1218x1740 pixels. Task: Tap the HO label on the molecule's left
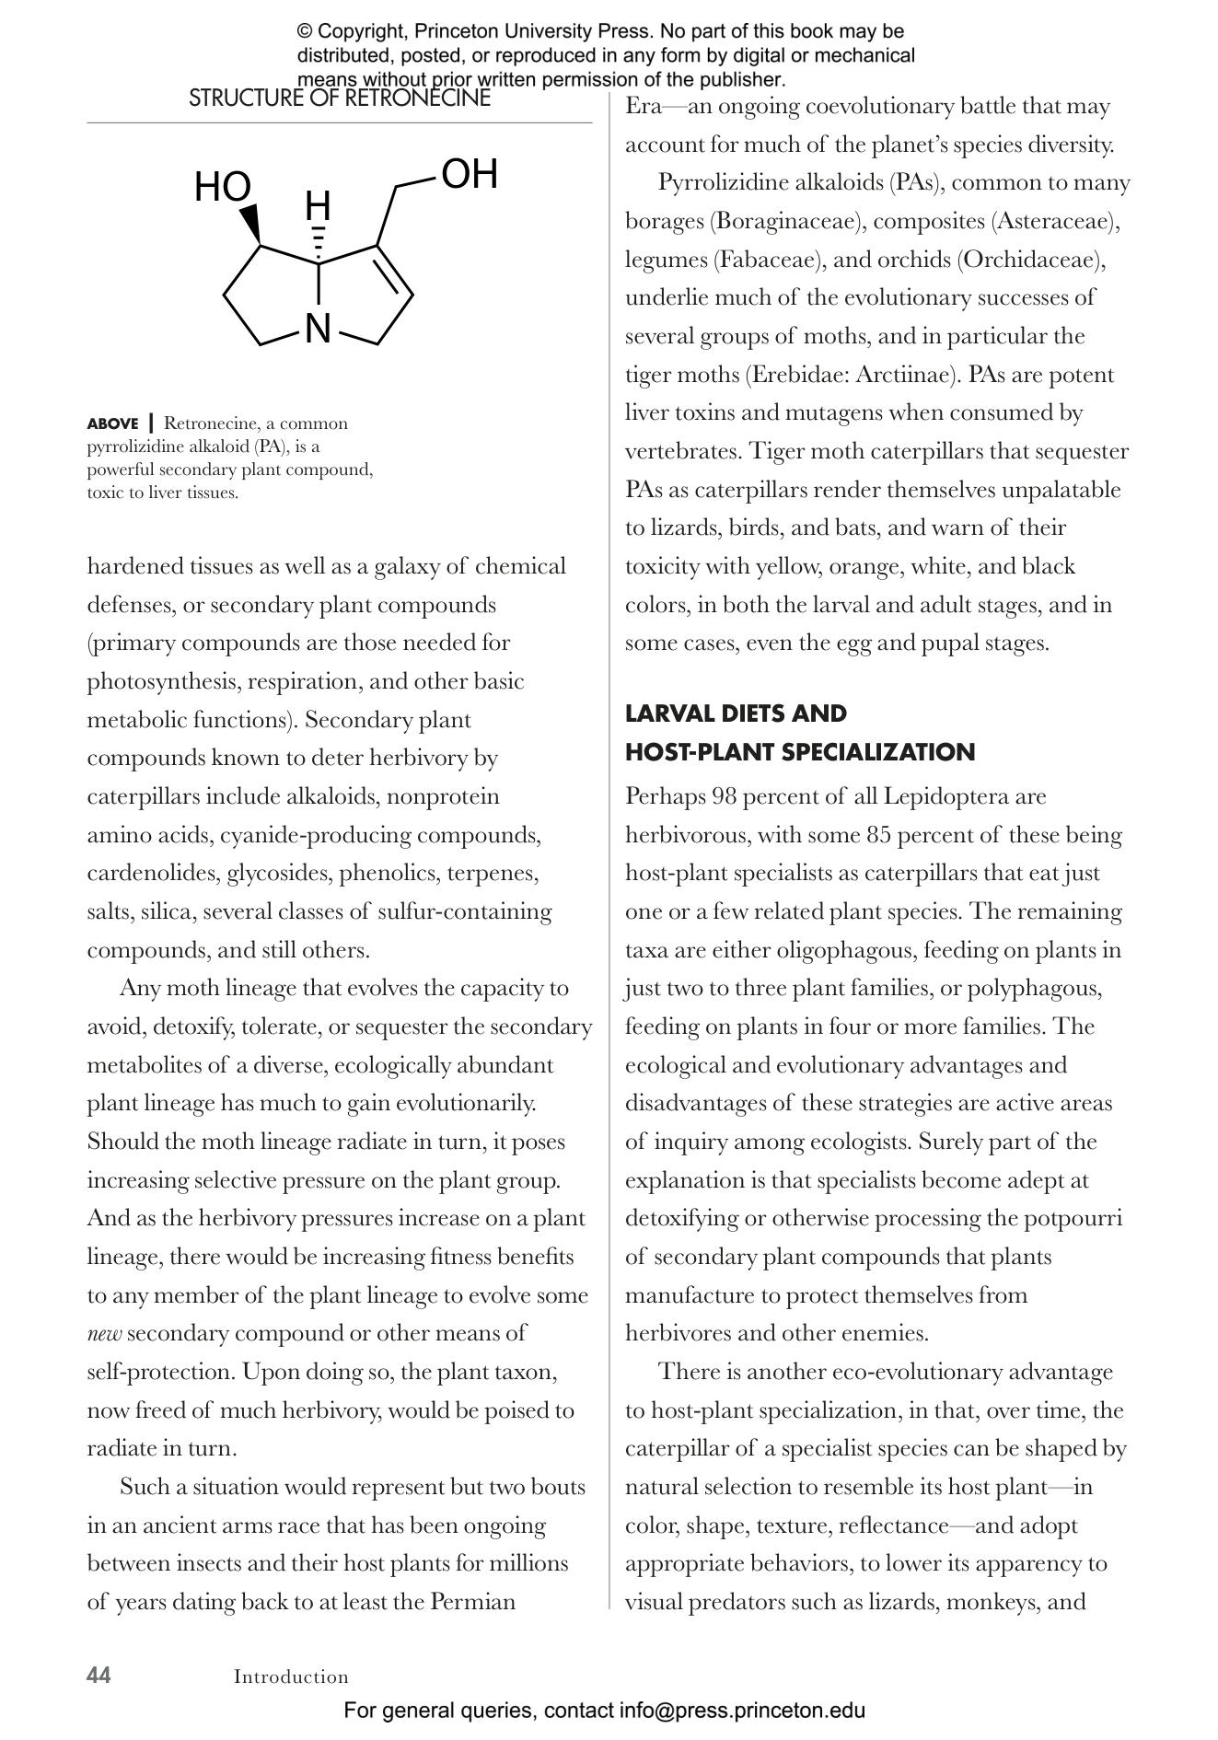pos(222,188)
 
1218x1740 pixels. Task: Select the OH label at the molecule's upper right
pos(470,174)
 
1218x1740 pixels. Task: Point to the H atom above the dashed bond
pos(318,205)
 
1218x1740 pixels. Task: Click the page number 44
pos(99,1675)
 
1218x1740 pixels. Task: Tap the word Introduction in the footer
pos(291,1676)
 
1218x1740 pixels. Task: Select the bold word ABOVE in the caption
pos(112,424)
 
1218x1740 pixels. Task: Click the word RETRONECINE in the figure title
pos(424,99)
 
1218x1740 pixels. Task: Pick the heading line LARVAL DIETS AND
pos(736,713)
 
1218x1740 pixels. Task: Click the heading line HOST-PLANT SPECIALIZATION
pos(799,752)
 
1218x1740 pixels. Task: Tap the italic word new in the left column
pos(104,1333)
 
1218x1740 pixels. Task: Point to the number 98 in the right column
pos(725,796)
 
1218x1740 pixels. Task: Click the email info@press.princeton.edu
pos(742,1711)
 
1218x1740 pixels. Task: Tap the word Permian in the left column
pos(473,1602)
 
